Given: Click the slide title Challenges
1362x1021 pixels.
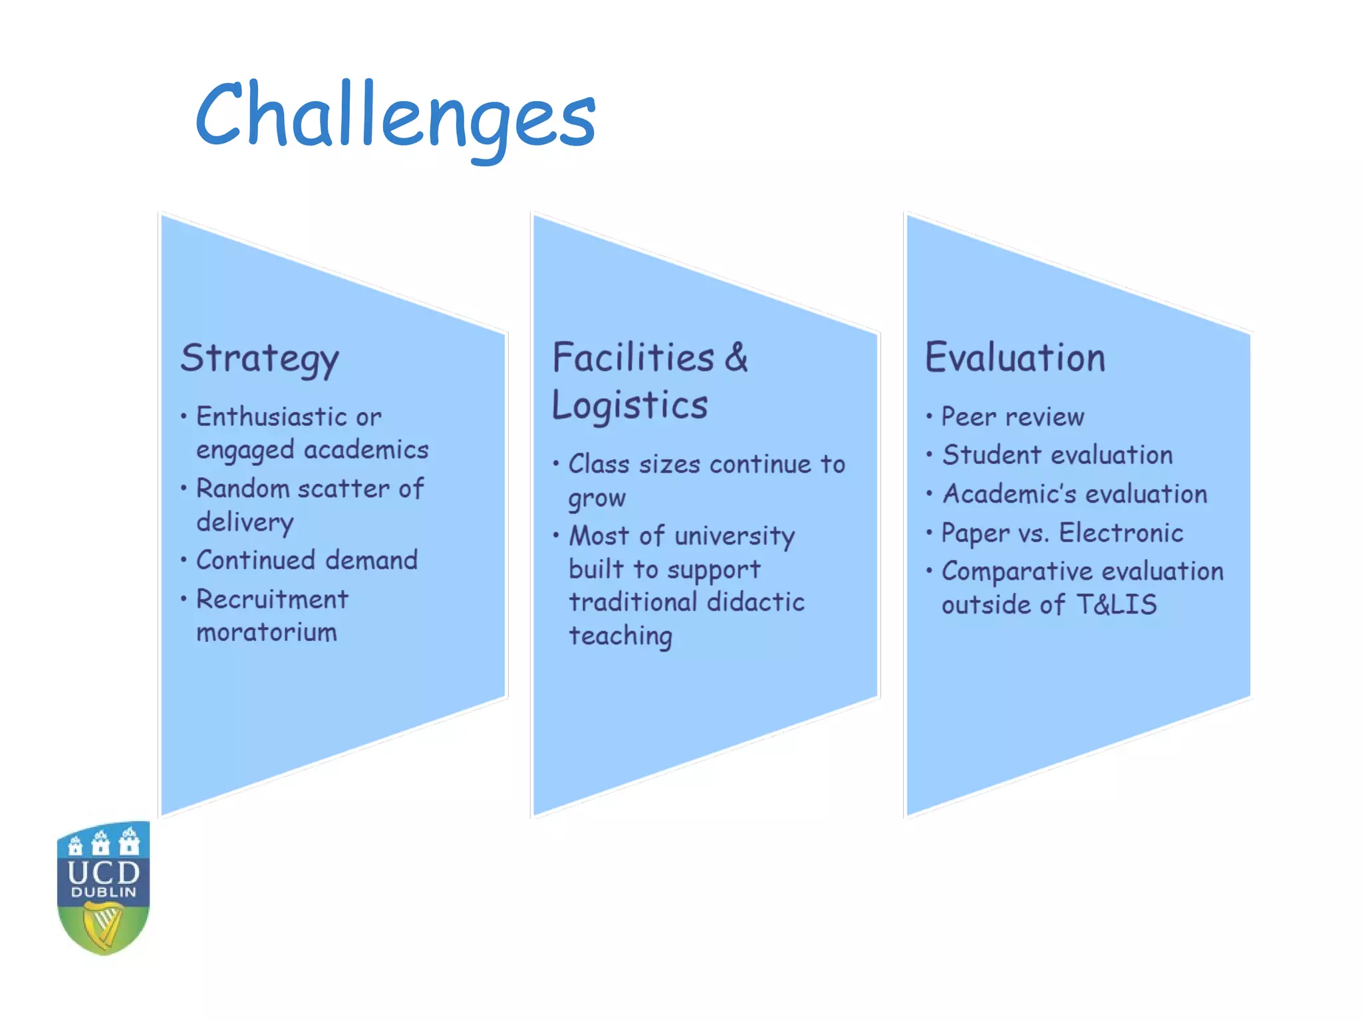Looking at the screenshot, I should (395, 116).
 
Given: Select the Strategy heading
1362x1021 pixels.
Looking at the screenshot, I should (259, 359).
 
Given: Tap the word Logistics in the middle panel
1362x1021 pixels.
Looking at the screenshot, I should (629, 405).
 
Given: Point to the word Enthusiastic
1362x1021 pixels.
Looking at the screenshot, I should (271, 417).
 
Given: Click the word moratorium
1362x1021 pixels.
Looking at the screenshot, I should (267, 632).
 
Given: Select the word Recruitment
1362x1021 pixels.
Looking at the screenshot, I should (272, 600).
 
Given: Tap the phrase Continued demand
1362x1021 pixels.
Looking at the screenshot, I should (307, 560).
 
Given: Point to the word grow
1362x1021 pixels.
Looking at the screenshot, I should (597, 499).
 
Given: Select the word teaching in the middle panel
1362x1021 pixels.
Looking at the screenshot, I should (620, 636).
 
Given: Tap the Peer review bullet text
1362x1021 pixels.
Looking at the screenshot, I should (1012, 417).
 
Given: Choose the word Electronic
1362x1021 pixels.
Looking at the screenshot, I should (1121, 533).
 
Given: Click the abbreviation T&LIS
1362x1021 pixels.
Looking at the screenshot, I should (1116, 605).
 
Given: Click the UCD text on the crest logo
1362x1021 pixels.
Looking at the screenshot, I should (103, 872).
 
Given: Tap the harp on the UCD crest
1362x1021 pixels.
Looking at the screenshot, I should (104, 925).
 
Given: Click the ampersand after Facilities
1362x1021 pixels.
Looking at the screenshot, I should (736, 358).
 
